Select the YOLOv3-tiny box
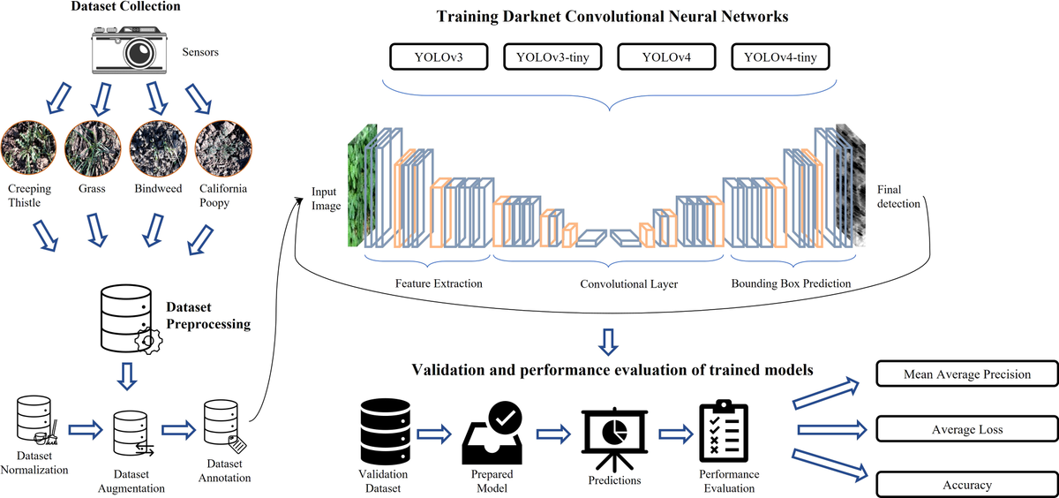click(x=553, y=58)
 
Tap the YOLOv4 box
click(x=666, y=58)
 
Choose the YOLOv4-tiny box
click(x=780, y=58)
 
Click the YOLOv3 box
click(x=439, y=58)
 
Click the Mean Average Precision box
click(x=966, y=374)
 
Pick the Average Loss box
click(x=966, y=430)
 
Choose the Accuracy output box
click(x=966, y=485)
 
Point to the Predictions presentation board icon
click(x=613, y=437)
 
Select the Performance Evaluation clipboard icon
click(x=723, y=433)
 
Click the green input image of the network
click(x=362, y=186)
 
